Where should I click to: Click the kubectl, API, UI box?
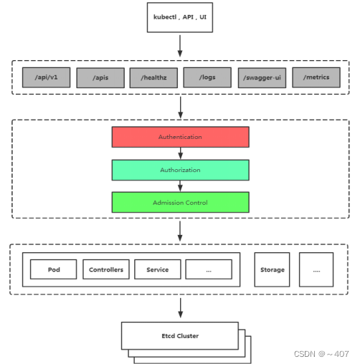[180, 17]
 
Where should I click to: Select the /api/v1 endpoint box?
[46, 77]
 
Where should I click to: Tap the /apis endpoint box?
[100, 78]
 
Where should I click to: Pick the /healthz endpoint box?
[153, 78]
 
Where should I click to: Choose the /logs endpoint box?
[207, 77]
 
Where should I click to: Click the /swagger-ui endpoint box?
[262, 78]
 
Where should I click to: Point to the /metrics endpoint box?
[316, 77]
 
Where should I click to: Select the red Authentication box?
[181, 137]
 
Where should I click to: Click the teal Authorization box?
[181, 170]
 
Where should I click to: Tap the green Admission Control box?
[181, 202]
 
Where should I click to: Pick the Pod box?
[54, 269]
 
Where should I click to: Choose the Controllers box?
[106, 269]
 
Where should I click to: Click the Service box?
[158, 269]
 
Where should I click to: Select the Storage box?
[272, 269]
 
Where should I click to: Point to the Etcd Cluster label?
[180, 336]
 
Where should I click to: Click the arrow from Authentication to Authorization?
[181, 153]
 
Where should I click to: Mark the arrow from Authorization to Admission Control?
[181, 186]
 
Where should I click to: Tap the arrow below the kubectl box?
[180, 46]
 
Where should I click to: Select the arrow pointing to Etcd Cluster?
[181, 308]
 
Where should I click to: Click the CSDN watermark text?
[321, 354]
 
